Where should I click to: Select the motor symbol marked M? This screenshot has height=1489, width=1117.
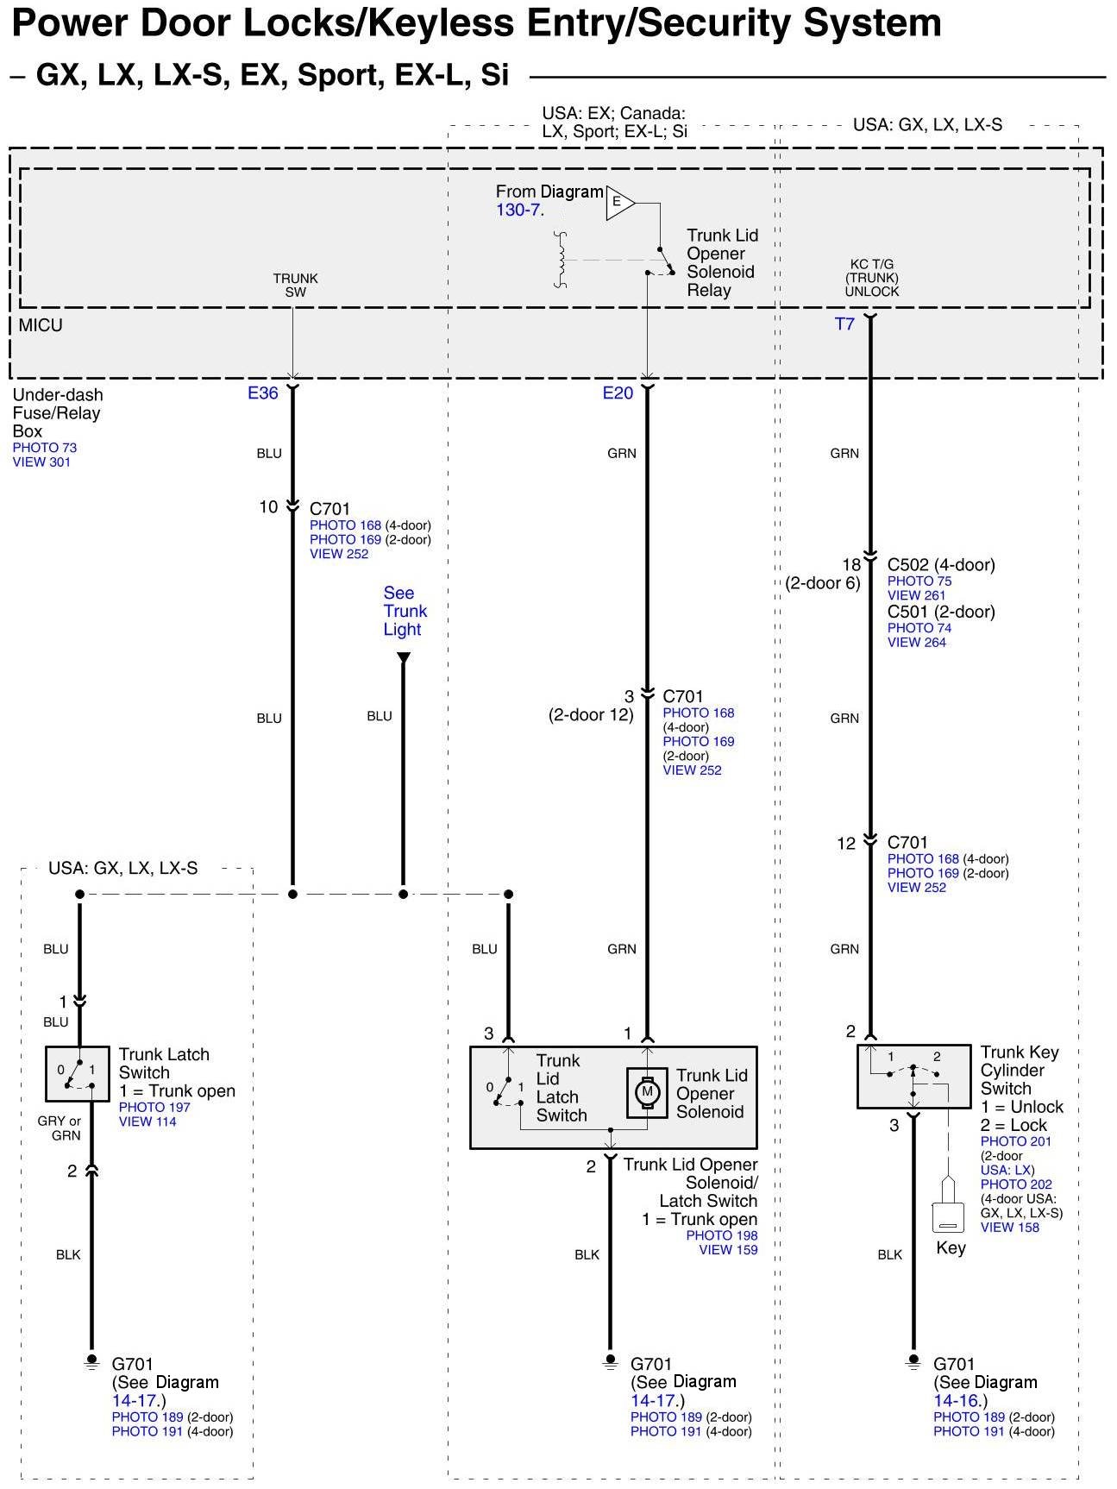(647, 1092)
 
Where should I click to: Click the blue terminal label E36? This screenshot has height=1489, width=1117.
(263, 393)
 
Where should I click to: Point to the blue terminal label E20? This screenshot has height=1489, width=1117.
(618, 393)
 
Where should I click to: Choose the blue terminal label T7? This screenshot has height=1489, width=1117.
(844, 324)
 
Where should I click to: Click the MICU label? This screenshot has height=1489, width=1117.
(41, 325)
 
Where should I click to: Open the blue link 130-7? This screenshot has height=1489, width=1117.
(519, 210)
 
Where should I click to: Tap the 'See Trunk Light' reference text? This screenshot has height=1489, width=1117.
(404, 611)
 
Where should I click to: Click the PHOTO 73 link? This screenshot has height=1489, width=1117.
(45, 448)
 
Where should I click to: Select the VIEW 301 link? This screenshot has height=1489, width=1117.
(41, 462)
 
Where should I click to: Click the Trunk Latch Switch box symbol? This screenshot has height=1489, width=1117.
(78, 1073)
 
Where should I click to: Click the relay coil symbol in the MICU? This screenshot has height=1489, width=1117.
(562, 260)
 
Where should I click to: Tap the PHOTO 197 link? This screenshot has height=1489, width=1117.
(154, 1107)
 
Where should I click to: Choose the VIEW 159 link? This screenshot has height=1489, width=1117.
(728, 1249)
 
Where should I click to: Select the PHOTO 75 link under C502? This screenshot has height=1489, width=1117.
(919, 581)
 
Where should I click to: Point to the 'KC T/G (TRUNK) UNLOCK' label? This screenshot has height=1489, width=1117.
(871, 278)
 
